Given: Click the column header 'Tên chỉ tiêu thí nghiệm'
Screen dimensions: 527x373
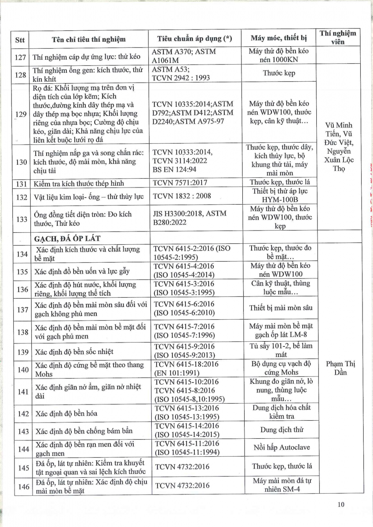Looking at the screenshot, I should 88,39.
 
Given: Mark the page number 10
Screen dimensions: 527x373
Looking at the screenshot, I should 341,504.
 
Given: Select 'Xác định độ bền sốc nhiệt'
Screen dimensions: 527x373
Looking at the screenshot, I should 74,352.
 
